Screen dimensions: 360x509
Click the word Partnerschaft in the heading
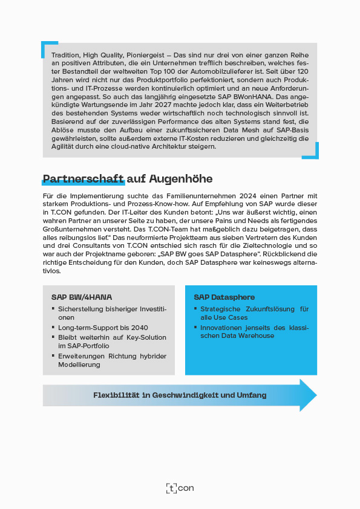(x=83, y=179)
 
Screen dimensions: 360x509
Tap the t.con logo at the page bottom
(x=180, y=488)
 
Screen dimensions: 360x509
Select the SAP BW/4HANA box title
(x=82, y=297)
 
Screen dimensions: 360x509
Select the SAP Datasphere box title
(x=224, y=297)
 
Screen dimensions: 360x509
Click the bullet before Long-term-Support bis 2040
(x=53, y=327)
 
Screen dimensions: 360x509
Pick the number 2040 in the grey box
(x=139, y=327)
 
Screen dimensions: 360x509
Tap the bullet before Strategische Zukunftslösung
(x=195, y=309)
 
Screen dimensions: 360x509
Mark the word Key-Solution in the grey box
(x=146, y=337)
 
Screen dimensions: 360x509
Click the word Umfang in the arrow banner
(x=251, y=395)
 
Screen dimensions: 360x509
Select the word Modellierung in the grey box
(x=80, y=365)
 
